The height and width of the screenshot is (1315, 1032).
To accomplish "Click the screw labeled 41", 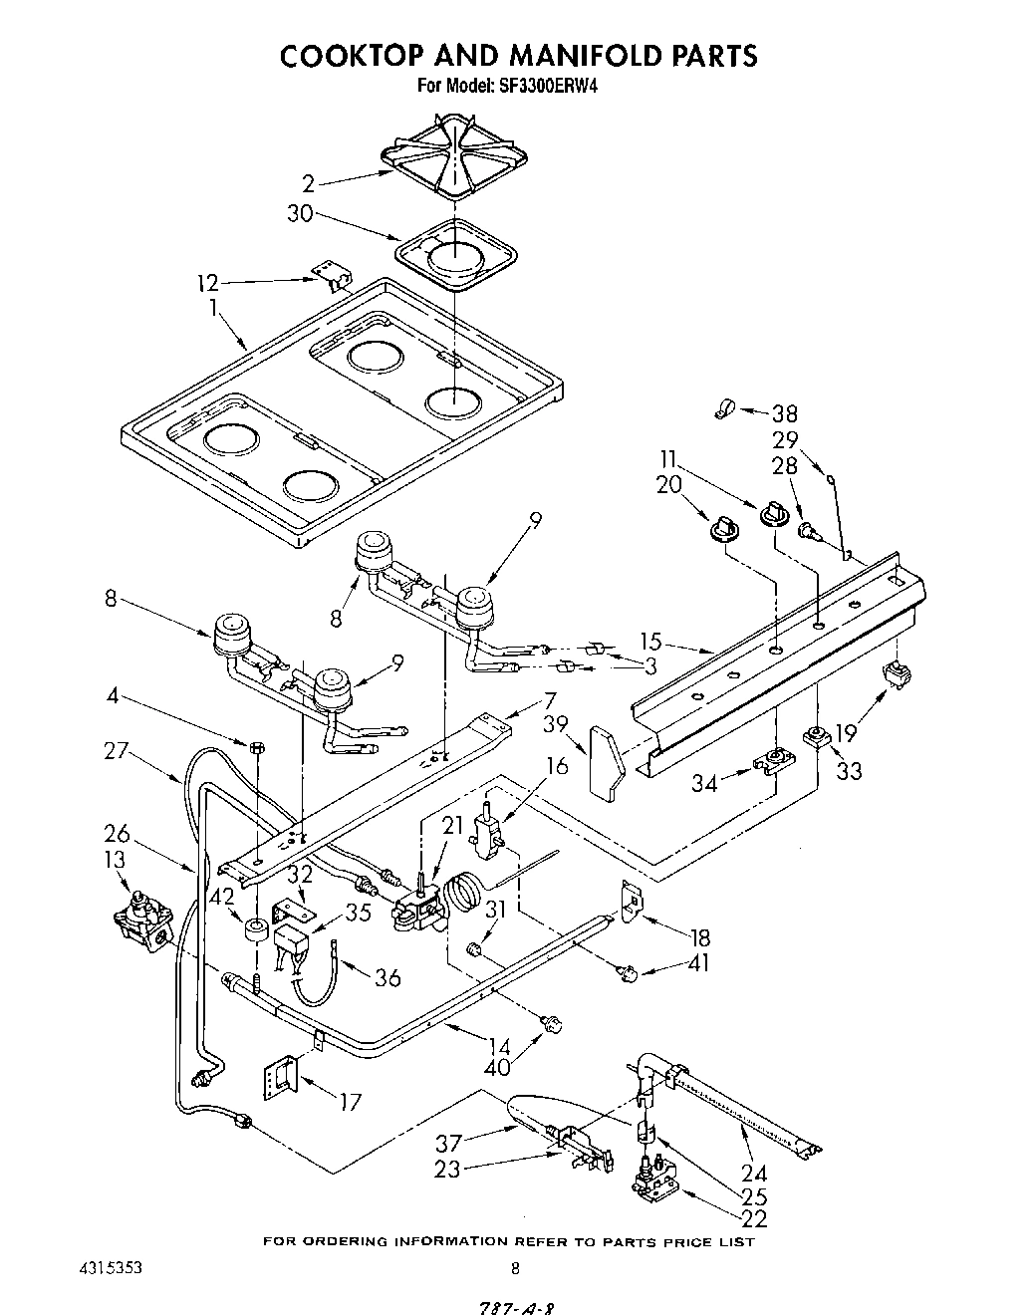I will coord(628,972).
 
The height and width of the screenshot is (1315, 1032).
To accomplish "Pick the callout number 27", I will coord(117,749).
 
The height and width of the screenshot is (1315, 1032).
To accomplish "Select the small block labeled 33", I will coord(819,738).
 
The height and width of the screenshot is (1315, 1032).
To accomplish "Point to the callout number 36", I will coord(387,977).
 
